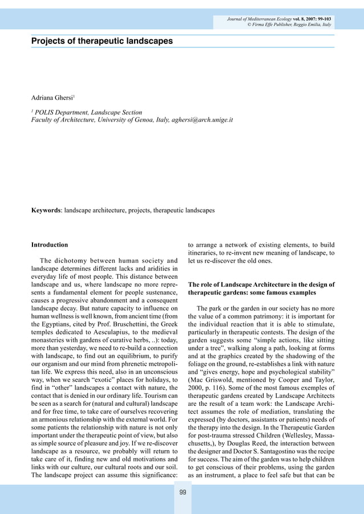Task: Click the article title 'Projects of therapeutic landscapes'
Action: [102, 41]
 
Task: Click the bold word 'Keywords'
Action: [46, 210]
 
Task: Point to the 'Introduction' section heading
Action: [50, 244]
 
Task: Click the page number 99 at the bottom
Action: [182, 492]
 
